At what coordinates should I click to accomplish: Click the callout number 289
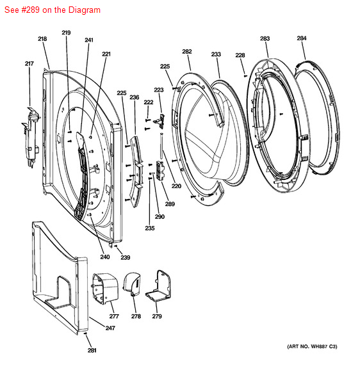170,204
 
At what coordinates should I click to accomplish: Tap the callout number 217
29,63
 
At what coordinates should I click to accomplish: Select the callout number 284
302,38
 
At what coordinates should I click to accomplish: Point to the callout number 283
265,38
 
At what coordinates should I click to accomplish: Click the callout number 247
110,328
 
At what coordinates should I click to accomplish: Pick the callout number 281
92,351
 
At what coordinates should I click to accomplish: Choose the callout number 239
125,257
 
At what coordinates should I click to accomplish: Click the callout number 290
160,216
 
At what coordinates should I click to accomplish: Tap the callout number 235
150,228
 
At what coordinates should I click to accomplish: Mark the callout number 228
240,55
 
